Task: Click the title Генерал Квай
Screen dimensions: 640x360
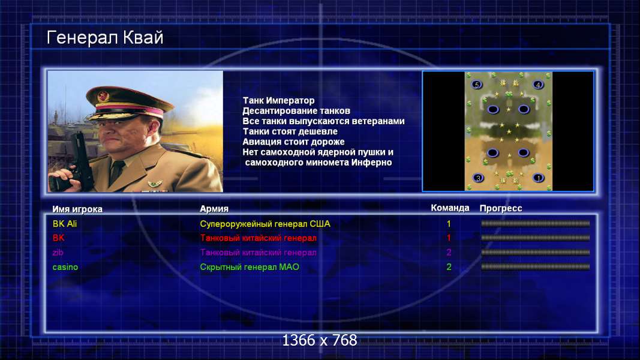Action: [105, 38]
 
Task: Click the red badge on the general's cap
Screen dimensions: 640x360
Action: [103, 97]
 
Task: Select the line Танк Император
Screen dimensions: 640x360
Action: [278, 100]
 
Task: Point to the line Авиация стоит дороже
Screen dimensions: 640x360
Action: [293, 142]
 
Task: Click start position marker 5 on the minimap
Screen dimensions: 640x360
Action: [477, 85]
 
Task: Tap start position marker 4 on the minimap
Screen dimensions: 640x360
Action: [538, 85]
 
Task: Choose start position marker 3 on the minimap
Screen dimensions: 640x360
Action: [478, 178]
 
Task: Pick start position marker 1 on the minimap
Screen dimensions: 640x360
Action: [539, 178]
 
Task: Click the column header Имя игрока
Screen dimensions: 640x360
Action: [77, 209]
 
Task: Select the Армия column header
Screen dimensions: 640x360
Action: [214, 209]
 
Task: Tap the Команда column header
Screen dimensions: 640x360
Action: [450, 208]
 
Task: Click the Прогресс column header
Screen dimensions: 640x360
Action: [501, 209]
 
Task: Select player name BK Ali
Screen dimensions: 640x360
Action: [65, 224]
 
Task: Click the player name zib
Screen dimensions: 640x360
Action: [58, 253]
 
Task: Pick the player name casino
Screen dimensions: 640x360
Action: [65, 268]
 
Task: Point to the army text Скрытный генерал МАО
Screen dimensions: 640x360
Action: [250, 268]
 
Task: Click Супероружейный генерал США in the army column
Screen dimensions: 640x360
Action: [265, 224]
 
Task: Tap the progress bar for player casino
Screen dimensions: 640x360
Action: [535, 267]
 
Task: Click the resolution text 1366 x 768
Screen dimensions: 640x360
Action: [320, 340]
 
